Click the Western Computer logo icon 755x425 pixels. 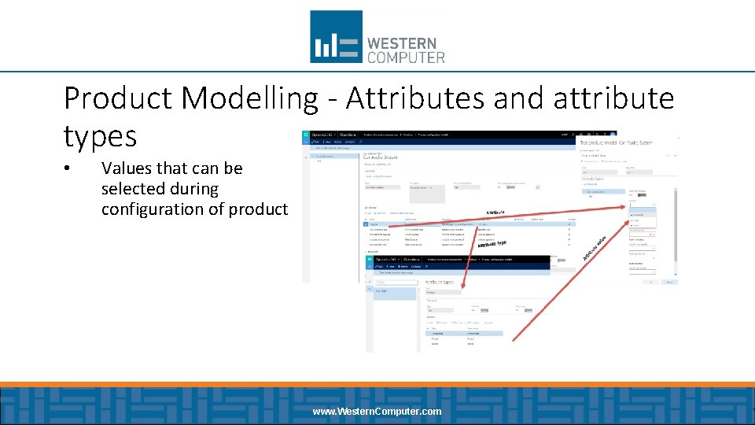click(336, 36)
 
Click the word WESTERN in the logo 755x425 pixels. click(402, 42)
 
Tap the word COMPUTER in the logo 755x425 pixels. click(406, 57)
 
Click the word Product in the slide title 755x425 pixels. click(118, 98)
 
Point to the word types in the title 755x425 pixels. click(100, 136)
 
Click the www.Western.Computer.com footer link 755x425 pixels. click(377, 412)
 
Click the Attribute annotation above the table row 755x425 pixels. click(496, 213)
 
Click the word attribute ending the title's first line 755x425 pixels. click(613, 98)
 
